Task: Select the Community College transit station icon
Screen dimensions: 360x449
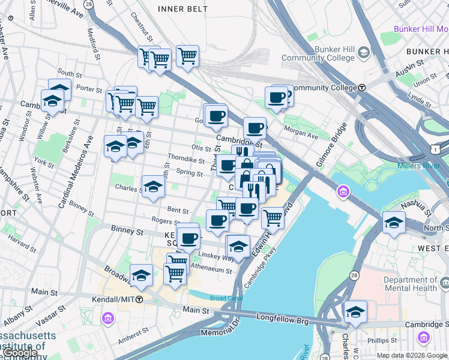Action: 362,88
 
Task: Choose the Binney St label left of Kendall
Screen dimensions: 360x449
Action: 127,230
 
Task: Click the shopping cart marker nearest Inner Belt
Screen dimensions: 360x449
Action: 187,56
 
